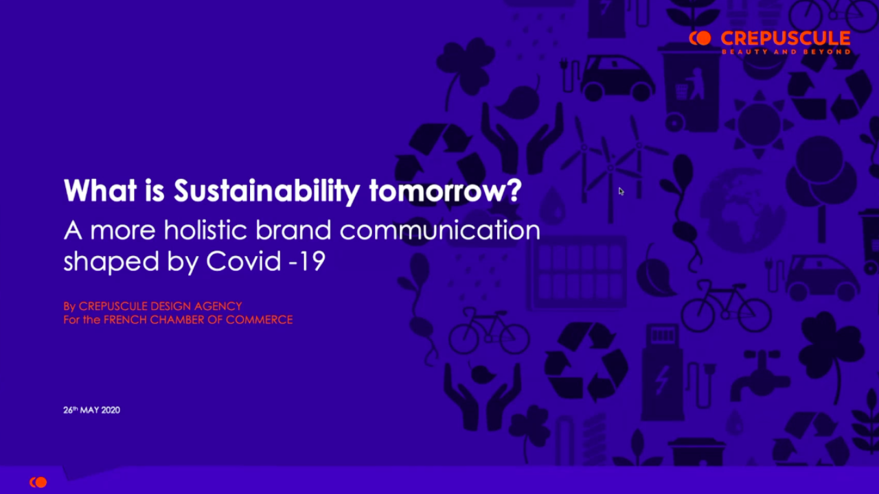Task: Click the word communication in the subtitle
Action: [x=440, y=230]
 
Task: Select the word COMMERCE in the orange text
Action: [x=259, y=320]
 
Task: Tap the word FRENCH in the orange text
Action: [x=125, y=320]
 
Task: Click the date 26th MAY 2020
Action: [x=91, y=410]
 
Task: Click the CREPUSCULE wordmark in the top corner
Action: [x=786, y=38]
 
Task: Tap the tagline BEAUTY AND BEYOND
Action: [x=786, y=51]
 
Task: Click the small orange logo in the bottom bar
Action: [x=38, y=482]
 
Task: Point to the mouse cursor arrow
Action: [x=621, y=191]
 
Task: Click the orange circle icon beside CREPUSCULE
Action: [x=700, y=38]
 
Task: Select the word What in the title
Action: [x=100, y=191]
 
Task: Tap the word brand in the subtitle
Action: [x=293, y=230]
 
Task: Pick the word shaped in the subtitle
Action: [x=111, y=262]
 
